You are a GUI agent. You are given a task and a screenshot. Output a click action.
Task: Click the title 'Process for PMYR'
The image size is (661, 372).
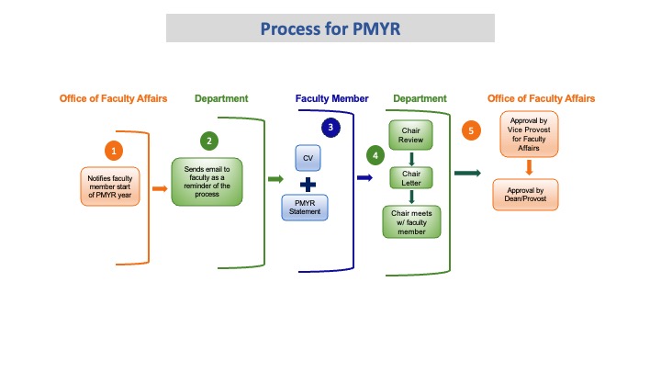(x=330, y=28)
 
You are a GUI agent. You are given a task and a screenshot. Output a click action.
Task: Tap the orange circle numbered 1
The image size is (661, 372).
(x=114, y=149)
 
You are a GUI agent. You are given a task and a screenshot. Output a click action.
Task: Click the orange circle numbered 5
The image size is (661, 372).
(x=472, y=130)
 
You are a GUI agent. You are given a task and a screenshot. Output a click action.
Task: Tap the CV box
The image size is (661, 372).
(x=309, y=158)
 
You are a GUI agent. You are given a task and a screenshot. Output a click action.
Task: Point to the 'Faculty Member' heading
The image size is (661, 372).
(x=332, y=98)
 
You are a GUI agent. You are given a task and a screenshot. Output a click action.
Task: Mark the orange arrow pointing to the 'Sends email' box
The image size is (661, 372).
(x=159, y=188)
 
